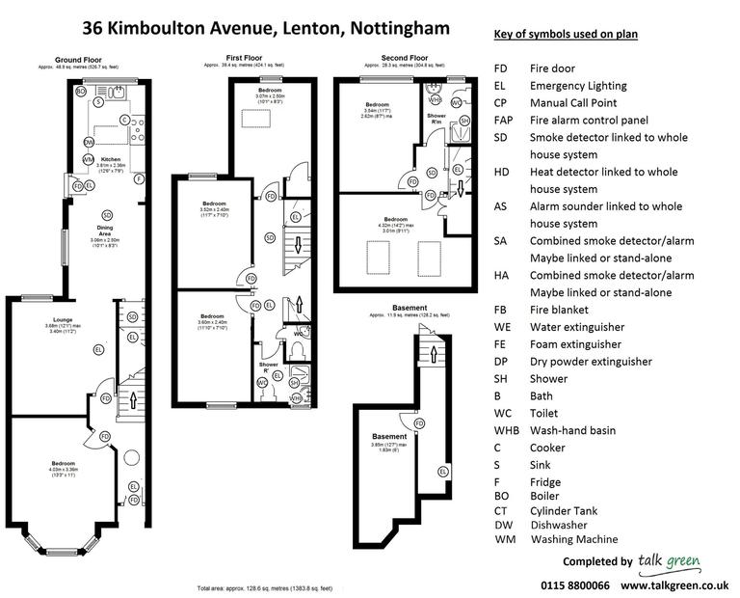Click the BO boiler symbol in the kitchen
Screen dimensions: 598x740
click(x=81, y=93)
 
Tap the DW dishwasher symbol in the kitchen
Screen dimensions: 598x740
click(x=89, y=142)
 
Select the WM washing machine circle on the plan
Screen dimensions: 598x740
click(x=89, y=159)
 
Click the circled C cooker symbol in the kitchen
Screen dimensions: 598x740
click(x=124, y=120)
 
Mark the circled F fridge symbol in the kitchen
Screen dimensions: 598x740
click(x=139, y=178)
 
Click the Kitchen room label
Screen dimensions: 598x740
click(x=110, y=158)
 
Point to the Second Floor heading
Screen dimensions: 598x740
click(x=405, y=58)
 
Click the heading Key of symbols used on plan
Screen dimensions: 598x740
click(x=567, y=35)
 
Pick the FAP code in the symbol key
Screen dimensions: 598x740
click(x=503, y=121)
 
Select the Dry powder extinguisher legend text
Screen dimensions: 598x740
click(x=591, y=362)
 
